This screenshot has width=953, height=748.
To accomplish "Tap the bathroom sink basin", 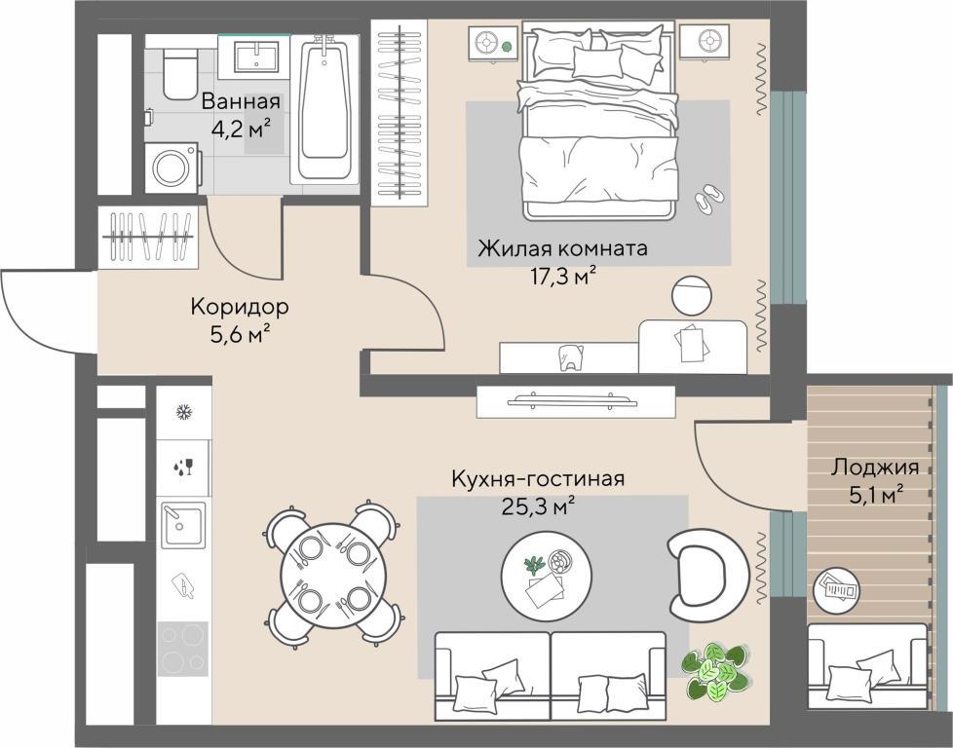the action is point(256,56).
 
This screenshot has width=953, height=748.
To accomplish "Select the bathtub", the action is point(324,109).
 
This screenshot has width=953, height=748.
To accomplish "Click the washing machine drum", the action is point(171,168).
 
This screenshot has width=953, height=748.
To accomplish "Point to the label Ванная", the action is point(242,101).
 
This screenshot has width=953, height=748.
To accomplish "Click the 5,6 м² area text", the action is point(240,333).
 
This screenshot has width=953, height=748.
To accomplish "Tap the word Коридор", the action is point(240,307).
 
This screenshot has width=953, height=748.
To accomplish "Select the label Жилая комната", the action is point(562,248).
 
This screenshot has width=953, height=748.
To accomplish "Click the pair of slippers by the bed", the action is point(708,198).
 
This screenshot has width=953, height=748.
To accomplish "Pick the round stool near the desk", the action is point(692,296).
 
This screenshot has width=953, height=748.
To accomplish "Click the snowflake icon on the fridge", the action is point(183,413).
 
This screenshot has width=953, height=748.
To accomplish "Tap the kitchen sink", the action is point(183,524).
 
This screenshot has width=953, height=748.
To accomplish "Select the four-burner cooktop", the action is point(183,649).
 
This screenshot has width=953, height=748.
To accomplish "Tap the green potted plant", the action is point(716,671).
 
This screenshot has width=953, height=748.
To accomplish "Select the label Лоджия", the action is point(875,467).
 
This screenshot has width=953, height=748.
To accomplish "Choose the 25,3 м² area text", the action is point(538,505).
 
